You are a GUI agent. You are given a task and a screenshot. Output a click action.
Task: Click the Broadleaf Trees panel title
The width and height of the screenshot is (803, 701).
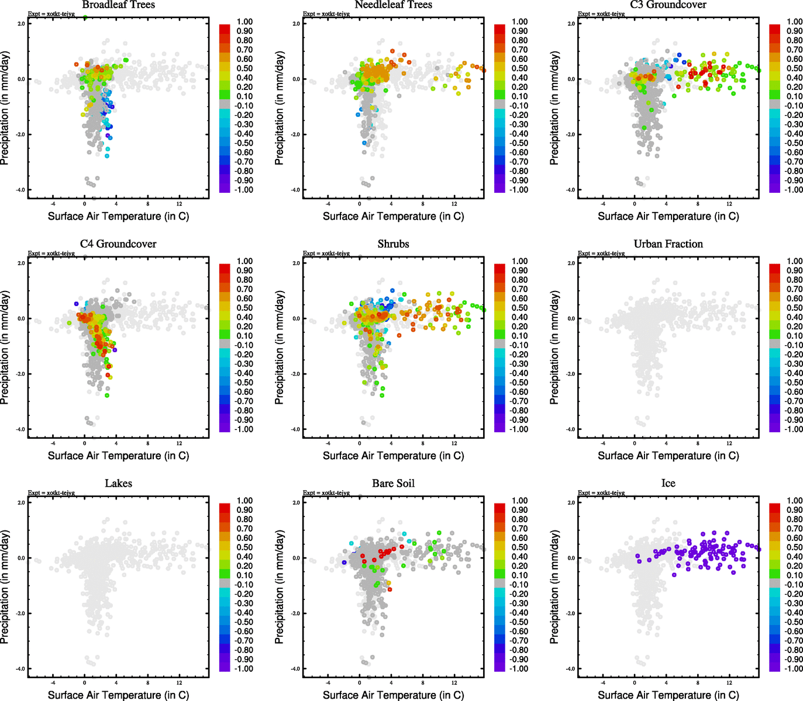point(118,5)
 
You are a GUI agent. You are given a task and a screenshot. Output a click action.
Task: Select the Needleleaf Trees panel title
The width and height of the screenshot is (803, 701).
point(393,5)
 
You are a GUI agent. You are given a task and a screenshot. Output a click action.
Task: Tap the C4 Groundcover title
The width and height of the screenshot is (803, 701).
point(118,244)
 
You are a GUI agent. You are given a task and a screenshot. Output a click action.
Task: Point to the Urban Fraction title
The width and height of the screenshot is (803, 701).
point(668,244)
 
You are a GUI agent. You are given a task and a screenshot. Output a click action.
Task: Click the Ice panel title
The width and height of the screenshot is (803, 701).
point(668,484)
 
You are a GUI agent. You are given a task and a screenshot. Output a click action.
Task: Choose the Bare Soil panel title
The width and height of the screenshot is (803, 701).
point(393,484)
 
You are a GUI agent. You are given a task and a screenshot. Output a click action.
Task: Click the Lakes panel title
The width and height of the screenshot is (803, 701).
point(118,484)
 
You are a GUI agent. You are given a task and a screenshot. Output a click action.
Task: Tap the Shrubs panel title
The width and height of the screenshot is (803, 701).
point(393,244)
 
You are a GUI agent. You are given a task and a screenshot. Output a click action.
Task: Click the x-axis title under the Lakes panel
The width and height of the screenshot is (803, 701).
point(118,695)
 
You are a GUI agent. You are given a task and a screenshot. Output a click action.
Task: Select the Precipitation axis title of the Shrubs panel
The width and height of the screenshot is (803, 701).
point(280,348)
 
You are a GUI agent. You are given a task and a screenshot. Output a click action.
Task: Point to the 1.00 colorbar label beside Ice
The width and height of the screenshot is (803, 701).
point(795,501)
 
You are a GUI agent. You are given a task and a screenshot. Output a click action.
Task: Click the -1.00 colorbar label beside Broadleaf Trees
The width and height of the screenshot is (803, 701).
point(244,190)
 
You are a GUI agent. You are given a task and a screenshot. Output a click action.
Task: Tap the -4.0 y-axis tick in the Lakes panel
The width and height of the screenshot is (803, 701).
point(20,669)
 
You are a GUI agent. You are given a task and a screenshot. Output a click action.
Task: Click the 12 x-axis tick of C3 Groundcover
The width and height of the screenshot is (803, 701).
point(729,204)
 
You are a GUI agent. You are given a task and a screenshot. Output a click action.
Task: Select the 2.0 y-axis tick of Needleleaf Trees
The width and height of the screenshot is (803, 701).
point(296,24)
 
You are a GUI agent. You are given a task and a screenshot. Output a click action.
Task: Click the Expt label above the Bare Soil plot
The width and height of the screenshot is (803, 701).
point(326,492)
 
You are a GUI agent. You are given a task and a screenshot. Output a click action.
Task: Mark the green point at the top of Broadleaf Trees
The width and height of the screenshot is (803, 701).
point(85,18)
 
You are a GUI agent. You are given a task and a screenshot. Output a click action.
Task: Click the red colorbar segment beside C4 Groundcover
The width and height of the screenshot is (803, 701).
point(225,268)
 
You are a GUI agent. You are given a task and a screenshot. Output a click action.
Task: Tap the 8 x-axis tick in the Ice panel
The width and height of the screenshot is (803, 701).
point(698,683)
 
